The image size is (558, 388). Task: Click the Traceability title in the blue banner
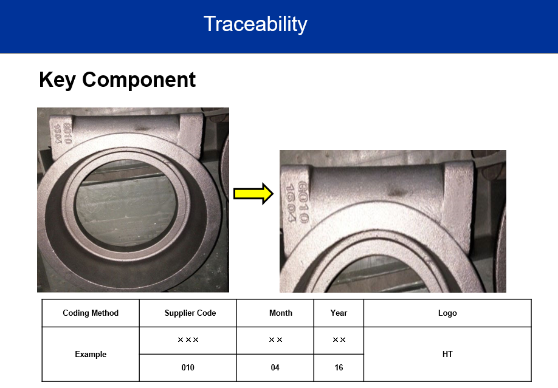pyautogui.click(x=255, y=24)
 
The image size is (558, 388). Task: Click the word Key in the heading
pyautogui.click(x=57, y=80)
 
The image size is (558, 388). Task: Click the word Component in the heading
pyautogui.click(x=139, y=80)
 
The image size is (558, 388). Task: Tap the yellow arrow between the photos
pyautogui.click(x=253, y=194)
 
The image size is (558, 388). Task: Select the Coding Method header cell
pyautogui.click(x=91, y=313)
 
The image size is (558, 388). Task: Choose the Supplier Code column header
pyautogui.click(x=190, y=313)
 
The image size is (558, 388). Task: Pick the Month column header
pyautogui.click(x=280, y=313)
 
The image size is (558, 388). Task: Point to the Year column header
pyautogui.click(x=339, y=313)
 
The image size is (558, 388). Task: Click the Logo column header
pyautogui.click(x=447, y=313)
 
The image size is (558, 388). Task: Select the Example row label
pyautogui.click(x=91, y=354)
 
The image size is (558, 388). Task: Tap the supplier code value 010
pyautogui.click(x=188, y=368)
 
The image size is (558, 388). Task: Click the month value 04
pyautogui.click(x=275, y=368)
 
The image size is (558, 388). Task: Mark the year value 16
pyautogui.click(x=339, y=368)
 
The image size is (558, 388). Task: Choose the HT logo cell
pyautogui.click(x=447, y=354)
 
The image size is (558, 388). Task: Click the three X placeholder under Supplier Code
pyautogui.click(x=188, y=340)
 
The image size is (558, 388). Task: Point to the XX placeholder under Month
pyautogui.click(x=275, y=340)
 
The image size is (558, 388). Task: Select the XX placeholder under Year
pyautogui.click(x=339, y=340)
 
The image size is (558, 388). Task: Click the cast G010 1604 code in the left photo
pyautogui.click(x=63, y=134)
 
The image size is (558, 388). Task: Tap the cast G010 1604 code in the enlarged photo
pyautogui.click(x=297, y=202)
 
